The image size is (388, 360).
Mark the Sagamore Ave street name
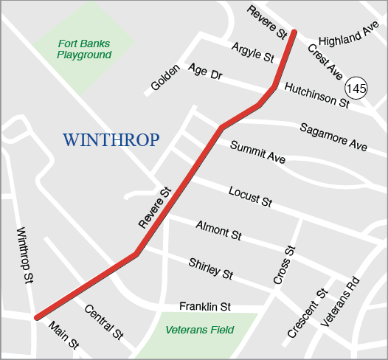(x=333, y=137)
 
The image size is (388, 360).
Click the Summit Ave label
(x=257, y=153)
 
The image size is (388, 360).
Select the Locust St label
(x=250, y=195)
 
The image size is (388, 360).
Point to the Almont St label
(x=218, y=231)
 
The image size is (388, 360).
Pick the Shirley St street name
(x=211, y=269)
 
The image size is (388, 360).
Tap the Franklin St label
(x=206, y=306)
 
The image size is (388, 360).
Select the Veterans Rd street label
(x=341, y=301)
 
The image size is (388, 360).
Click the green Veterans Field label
(x=199, y=330)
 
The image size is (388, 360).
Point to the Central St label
(x=103, y=322)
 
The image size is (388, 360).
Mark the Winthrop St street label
(x=25, y=255)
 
